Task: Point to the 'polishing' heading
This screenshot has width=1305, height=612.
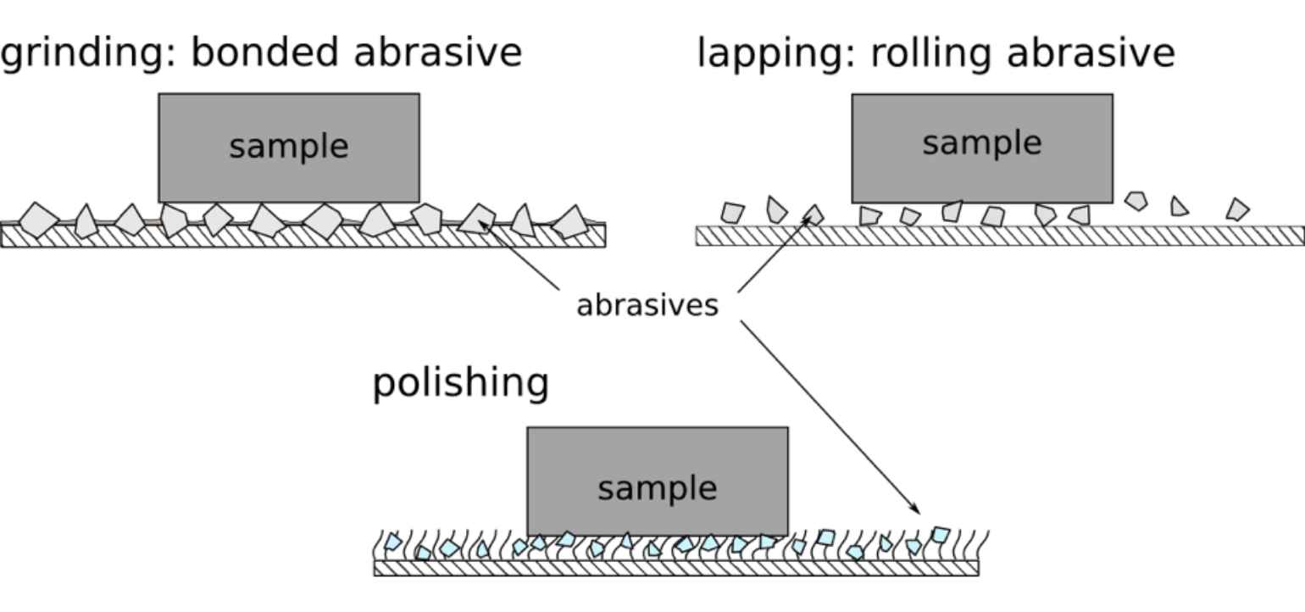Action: point(460,383)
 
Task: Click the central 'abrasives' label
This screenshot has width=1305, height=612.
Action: point(647,305)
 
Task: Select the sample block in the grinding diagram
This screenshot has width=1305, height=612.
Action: point(288,147)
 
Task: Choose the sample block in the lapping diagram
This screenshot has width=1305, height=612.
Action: point(981,147)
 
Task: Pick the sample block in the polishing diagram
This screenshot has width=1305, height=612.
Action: point(657,481)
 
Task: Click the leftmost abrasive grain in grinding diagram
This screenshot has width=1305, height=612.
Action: point(37,220)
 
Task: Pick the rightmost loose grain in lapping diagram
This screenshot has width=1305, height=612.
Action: point(1238,209)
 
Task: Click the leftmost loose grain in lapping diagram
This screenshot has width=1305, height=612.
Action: point(732,212)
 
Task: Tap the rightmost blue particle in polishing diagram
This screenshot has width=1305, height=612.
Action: point(940,534)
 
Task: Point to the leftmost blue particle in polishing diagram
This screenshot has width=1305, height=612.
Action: point(393,542)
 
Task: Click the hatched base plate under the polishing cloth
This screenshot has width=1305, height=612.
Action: point(675,568)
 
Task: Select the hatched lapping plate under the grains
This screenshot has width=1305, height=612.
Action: point(999,236)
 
